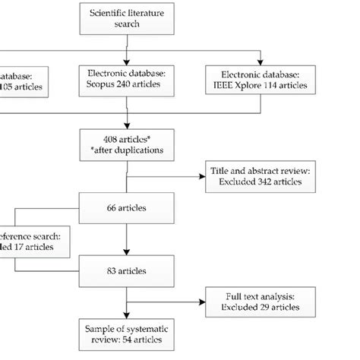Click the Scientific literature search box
126,19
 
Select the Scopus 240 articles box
126,81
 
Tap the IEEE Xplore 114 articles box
262,81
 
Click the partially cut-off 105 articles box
23,81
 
